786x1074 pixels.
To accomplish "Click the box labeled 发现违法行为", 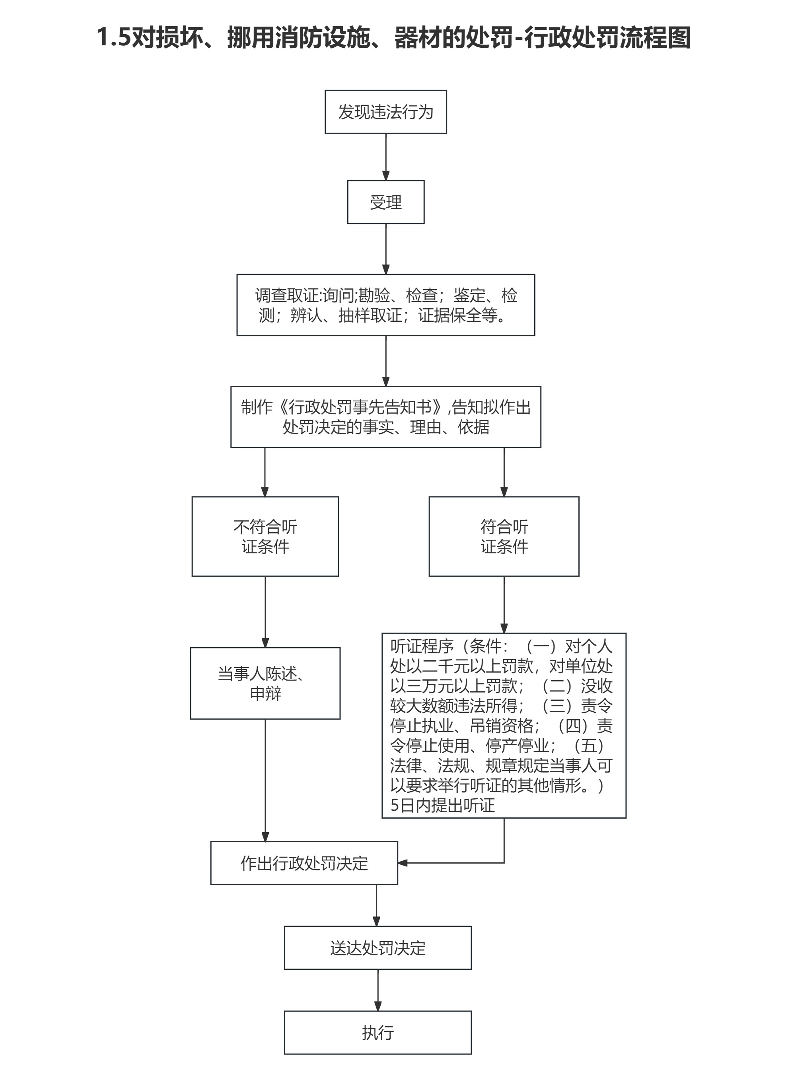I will click(x=385, y=112).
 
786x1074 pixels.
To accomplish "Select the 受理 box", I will click(x=385, y=202).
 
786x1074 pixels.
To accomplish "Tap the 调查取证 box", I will click(x=385, y=305).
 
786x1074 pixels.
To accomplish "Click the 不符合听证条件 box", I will click(x=265, y=536).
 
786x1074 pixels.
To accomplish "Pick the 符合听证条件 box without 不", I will click(x=504, y=536).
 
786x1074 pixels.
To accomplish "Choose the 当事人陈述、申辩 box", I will click(x=265, y=683).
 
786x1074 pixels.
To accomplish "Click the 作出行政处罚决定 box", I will click(x=304, y=863).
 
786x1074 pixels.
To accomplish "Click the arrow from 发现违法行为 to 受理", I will click(x=386, y=157).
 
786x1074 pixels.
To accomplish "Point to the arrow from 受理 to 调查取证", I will click(x=386, y=248).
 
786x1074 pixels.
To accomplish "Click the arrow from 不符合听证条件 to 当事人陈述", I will click(x=265, y=611).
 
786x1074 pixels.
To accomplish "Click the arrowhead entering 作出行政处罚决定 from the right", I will click(x=403, y=863).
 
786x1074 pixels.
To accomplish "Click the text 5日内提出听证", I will click(x=442, y=805).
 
